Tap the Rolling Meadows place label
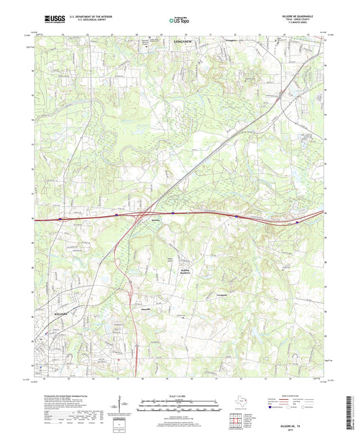click(x=174, y=271)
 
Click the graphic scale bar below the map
click(x=179, y=407)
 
